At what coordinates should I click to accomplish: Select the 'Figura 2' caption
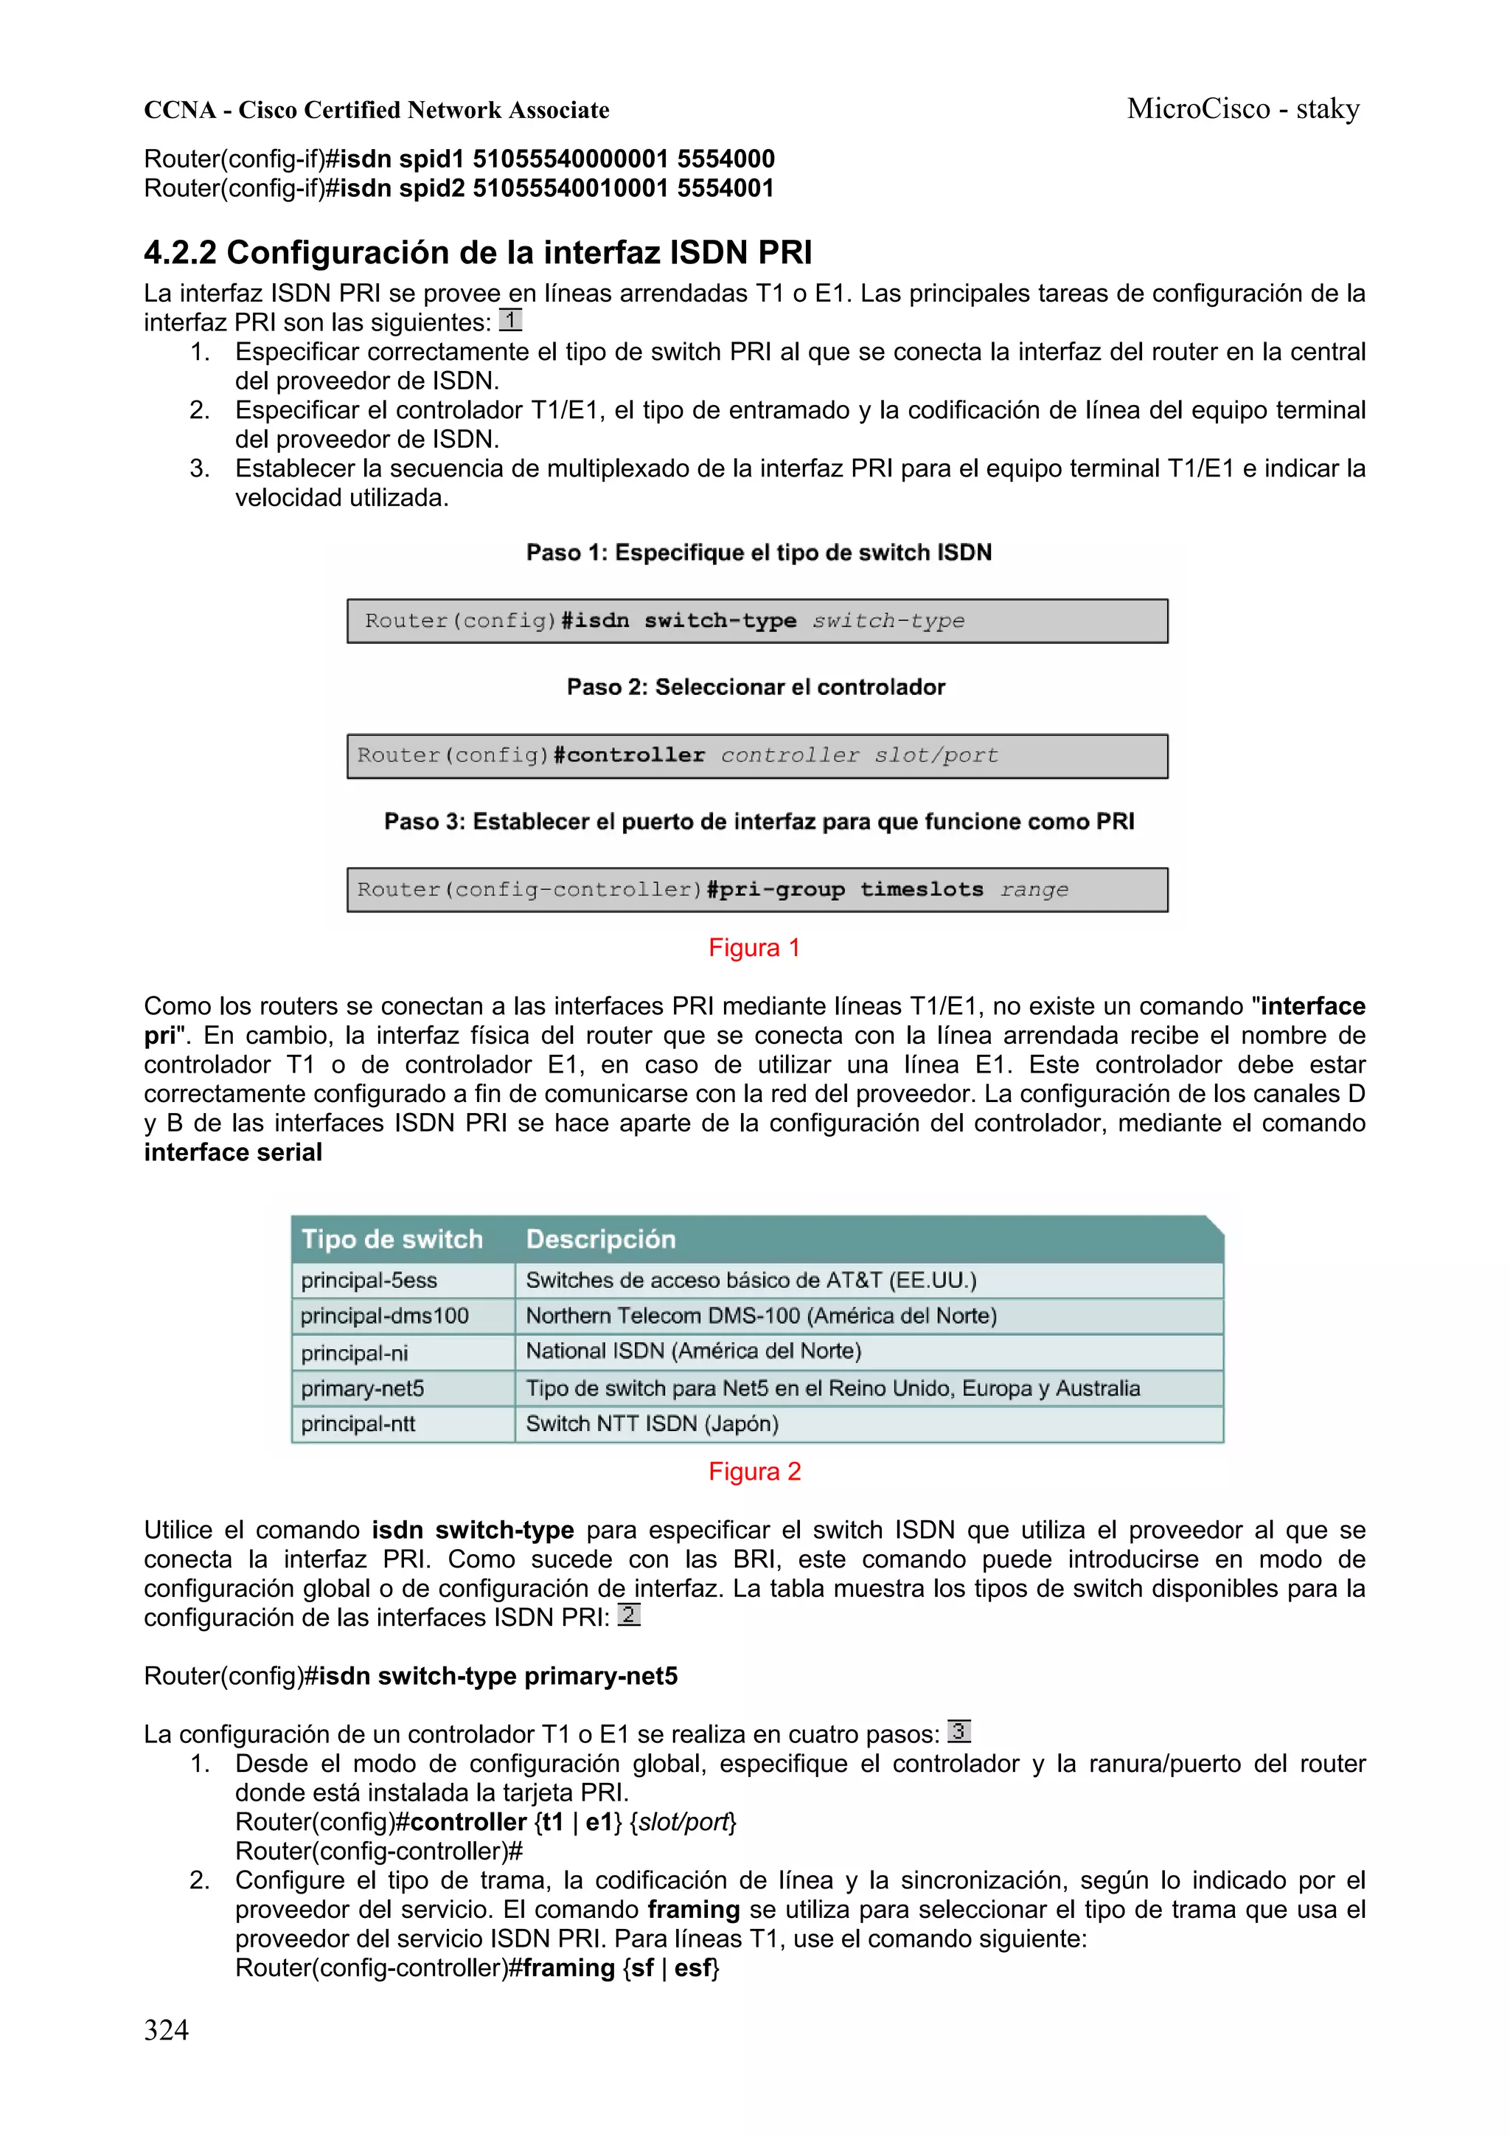[x=754, y=1472]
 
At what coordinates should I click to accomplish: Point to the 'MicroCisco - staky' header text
[x=1243, y=109]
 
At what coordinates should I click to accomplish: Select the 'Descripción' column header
[x=601, y=1239]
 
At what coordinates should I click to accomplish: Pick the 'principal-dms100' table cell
[x=384, y=1315]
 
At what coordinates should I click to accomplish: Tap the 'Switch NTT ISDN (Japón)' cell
[x=651, y=1423]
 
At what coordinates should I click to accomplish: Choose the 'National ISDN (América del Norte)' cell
[x=693, y=1351]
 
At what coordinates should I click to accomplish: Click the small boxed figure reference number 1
[x=509, y=320]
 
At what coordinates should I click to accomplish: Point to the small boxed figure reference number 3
[x=958, y=1731]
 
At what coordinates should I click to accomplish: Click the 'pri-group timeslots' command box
[x=757, y=890]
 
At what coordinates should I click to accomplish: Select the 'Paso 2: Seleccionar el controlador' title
[x=756, y=687]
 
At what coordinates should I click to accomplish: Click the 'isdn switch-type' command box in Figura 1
[x=757, y=621]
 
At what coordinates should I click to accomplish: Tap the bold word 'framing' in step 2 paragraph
[x=693, y=1909]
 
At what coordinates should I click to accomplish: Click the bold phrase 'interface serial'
[x=232, y=1152]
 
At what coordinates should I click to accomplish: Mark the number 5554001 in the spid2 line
[x=725, y=188]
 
